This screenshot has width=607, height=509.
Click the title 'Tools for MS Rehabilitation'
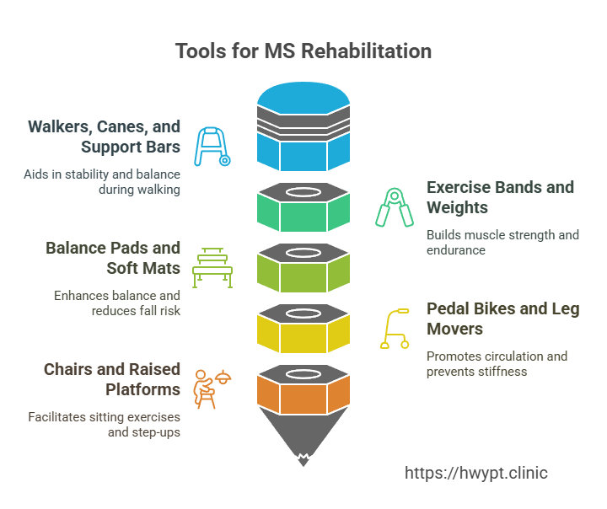(303, 51)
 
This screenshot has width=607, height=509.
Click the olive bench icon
(212, 268)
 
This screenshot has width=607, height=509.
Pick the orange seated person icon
(212, 388)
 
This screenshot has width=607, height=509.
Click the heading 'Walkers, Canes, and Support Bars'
(105, 137)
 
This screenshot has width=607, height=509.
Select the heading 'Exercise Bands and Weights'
(500, 197)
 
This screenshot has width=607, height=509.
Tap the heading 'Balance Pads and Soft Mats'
(113, 258)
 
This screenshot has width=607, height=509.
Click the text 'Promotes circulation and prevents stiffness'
(497, 364)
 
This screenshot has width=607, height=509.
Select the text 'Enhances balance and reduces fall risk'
(117, 303)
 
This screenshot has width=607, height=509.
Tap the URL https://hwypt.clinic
(476, 473)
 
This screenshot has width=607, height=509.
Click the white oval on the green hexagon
(303, 192)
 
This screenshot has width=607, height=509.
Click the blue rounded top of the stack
(303, 98)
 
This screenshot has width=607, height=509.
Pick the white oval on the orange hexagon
(303, 373)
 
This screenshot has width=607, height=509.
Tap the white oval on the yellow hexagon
(303, 313)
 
